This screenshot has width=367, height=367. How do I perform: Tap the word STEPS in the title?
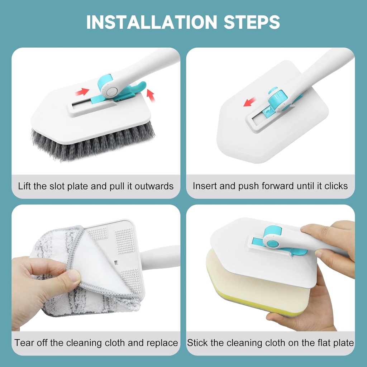click(x=252, y=22)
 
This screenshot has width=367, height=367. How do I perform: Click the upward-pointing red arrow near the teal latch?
click(x=151, y=96)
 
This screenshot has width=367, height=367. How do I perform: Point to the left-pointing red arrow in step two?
click(x=250, y=103)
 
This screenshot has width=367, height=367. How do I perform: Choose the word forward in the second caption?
click(x=278, y=186)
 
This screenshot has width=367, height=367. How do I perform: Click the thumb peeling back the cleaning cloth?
click(x=72, y=278)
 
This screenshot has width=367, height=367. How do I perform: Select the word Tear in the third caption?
click(x=24, y=343)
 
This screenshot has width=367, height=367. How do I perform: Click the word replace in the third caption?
click(x=162, y=343)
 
